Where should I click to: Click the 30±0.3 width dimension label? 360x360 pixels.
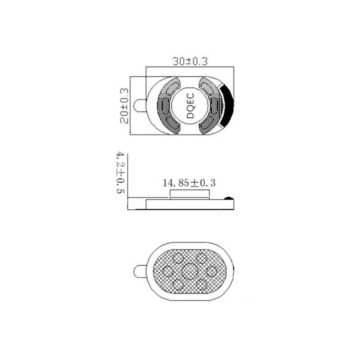[x=190, y=61]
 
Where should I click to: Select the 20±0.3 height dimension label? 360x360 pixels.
[x=125, y=106]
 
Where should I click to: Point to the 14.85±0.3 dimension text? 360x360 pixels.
[x=189, y=183]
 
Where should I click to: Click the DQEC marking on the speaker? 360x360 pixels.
[x=190, y=106]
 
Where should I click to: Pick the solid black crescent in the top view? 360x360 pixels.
[x=227, y=105]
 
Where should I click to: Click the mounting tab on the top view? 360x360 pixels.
[x=140, y=105]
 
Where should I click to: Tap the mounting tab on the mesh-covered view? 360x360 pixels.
[x=140, y=271]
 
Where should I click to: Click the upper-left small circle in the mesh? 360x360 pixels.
[x=178, y=258]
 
